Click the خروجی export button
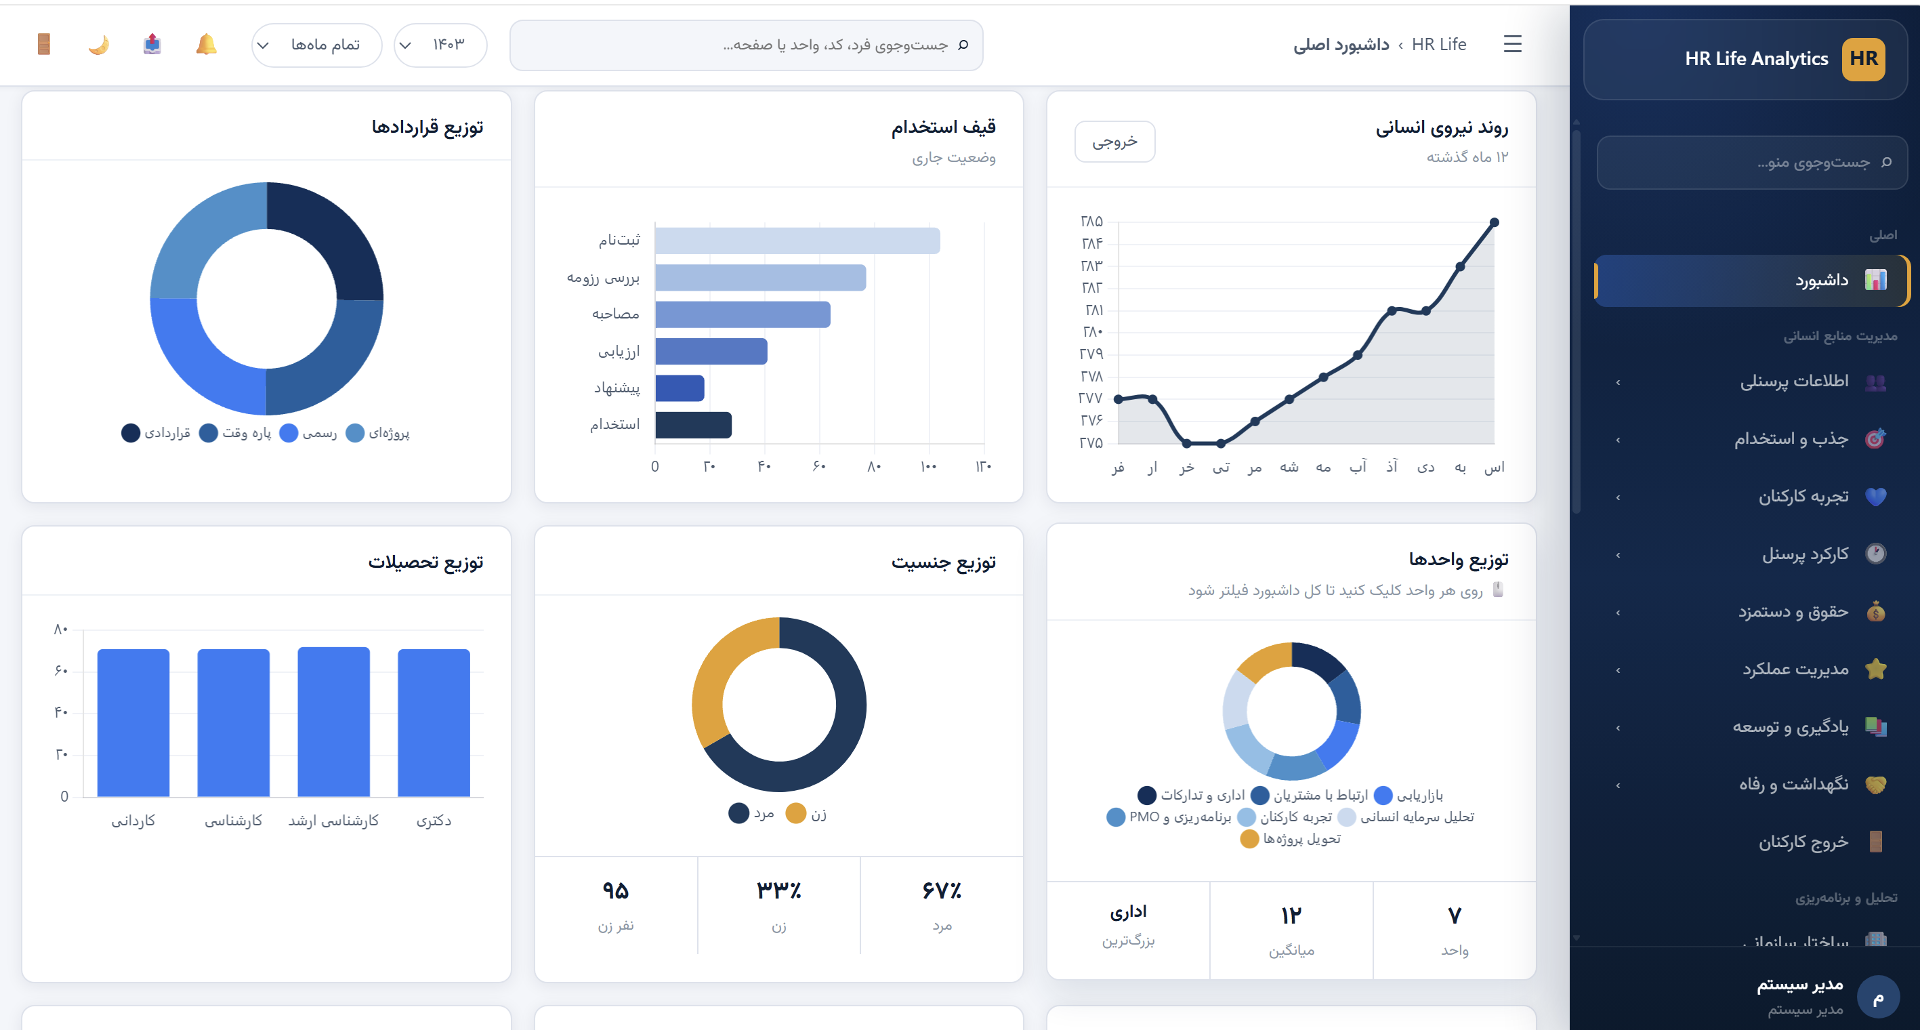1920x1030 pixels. (x=1114, y=141)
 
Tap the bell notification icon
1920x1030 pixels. (x=207, y=45)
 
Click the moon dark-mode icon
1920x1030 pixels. (x=98, y=45)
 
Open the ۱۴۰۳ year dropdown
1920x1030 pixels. (x=440, y=45)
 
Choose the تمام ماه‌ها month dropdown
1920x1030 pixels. (x=317, y=45)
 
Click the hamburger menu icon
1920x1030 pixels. (x=1512, y=44)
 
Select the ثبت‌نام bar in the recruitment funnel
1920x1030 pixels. (x=797, y=241)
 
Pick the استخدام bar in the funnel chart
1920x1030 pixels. (x=693, y=425)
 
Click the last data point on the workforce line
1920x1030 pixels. (x=1494, y=222)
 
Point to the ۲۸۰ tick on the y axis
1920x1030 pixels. (x=1093, y=331)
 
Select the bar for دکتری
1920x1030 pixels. (x=434, y=723)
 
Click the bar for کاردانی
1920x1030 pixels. (x=133, y=723)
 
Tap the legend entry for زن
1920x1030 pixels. (x=806, y=813)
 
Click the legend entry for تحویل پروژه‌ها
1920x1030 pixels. (x=1290, y=838)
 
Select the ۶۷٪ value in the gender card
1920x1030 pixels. (x=941, y=890)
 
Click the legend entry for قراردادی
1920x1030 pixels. (x=156, y=433)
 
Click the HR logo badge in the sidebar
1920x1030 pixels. (x=1862, y=59)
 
